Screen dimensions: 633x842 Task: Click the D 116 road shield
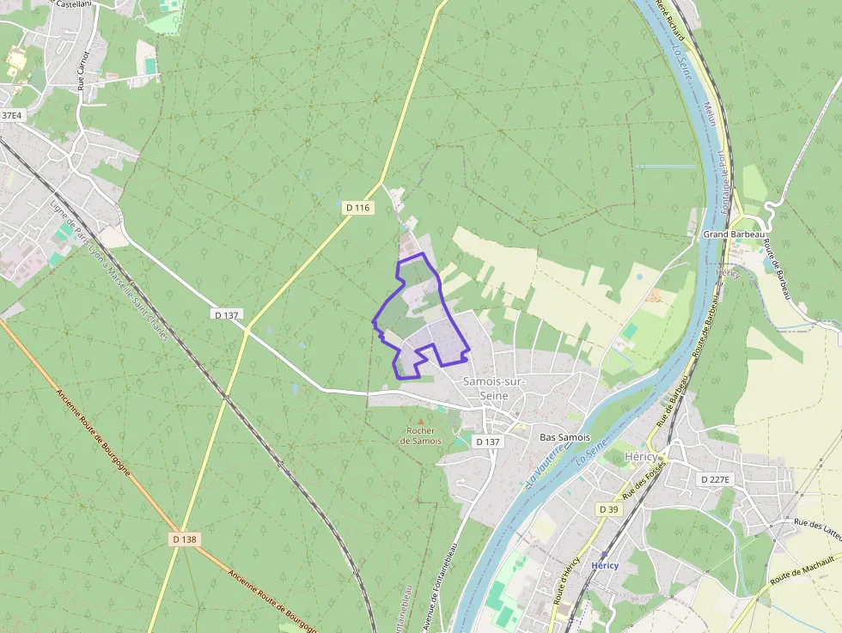tap(357, 208)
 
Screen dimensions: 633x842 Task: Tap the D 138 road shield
tap(185, 539)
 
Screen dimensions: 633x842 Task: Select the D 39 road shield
tap(608, 509)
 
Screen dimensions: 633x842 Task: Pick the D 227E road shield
tap(715, 479)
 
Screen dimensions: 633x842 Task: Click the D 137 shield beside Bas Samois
tap(487, 441)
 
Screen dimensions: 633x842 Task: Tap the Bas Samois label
tap(564, 438)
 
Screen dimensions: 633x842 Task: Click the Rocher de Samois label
tap(421, 435)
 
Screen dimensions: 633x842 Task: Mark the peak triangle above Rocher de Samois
tap(421, 420)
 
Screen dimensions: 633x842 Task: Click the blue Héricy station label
tap(605, 565)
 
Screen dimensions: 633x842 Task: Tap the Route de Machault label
tap(802, 570)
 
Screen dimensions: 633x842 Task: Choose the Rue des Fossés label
tap(644, 480)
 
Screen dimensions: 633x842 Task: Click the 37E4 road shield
tap(11, 115)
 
